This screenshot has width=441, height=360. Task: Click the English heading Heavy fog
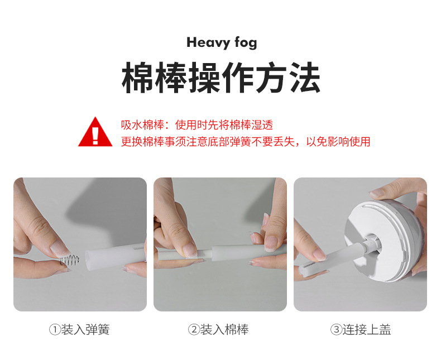click(x=222, y=43)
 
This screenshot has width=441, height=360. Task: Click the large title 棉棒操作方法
click(x=221, y=79)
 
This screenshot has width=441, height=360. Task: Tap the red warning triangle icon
click(x=95, y=132)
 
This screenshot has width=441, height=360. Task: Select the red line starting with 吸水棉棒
click(x=197, y=125)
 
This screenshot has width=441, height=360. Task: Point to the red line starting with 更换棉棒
click(x=246, y=142)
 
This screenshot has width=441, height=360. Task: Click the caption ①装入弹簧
click(x=79, y=330)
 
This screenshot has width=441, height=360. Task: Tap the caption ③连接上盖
click(x=361, y=330)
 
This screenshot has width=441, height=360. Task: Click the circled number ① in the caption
click(x=54, y=330)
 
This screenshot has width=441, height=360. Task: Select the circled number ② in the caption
click(x=194, y=330)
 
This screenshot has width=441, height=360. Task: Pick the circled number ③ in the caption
click(x=335, y=330)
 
